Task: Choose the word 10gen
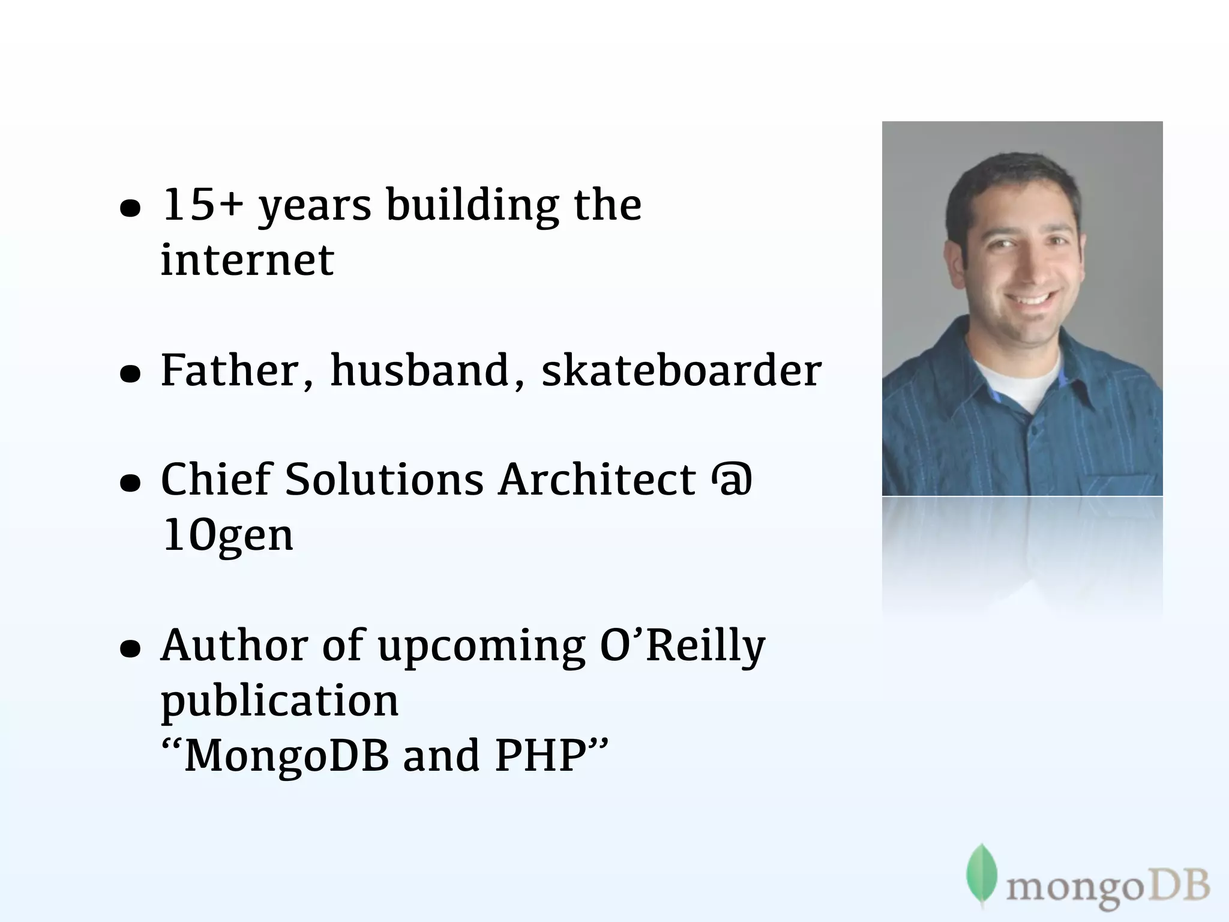point(228,535)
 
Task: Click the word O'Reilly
point(682,646)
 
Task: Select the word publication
point(280,701)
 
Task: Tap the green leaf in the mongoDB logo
point(981,873)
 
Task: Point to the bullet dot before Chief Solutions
point(130,484)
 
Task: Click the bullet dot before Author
point(130,649)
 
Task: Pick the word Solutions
point(384,480)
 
